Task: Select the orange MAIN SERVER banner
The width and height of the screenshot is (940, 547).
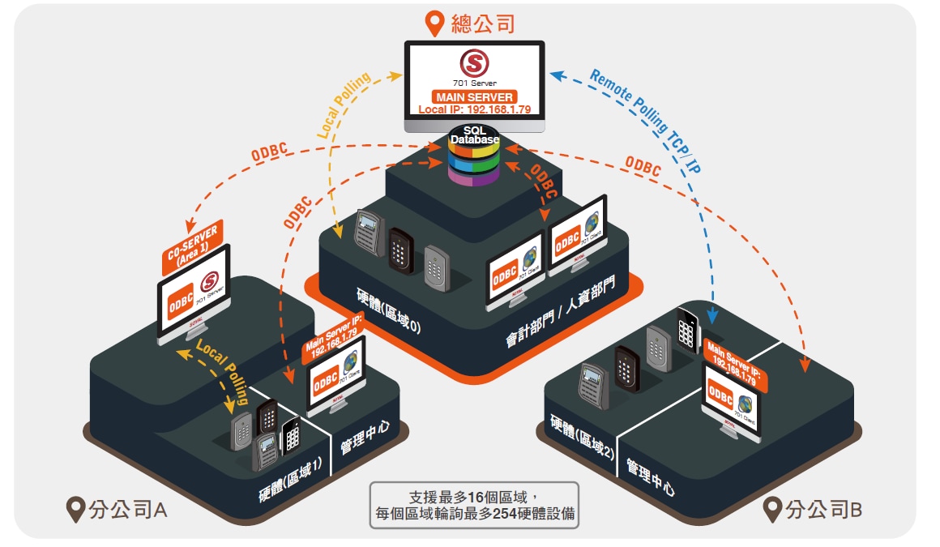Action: point(473,97)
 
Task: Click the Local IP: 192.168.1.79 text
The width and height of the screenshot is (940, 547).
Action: point(474,109)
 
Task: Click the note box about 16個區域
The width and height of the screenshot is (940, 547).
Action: point(474,505)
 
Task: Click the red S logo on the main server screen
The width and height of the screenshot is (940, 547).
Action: point(474,63)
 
